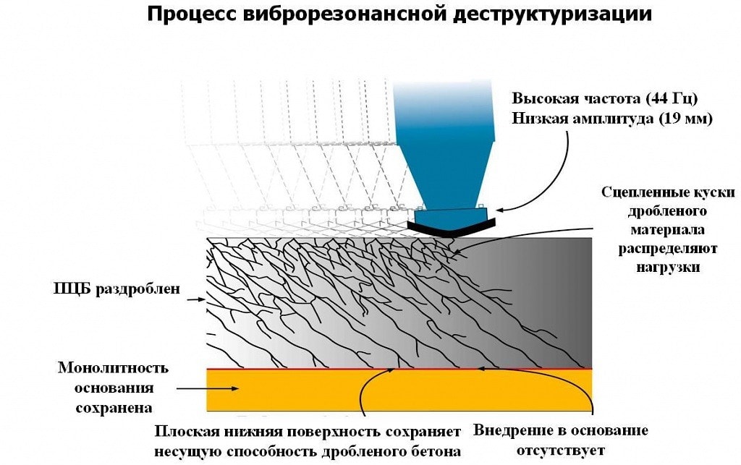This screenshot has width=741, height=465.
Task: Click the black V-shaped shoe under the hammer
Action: click(451, 228)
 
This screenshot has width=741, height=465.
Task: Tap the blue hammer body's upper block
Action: click(444, 116)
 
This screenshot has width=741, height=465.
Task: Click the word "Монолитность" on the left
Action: click(114, 368)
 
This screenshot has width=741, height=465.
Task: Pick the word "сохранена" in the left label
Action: click(114, 406)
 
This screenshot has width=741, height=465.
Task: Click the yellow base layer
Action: click(398, 391)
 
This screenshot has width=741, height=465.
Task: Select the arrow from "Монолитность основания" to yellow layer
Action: click(207, 389)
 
